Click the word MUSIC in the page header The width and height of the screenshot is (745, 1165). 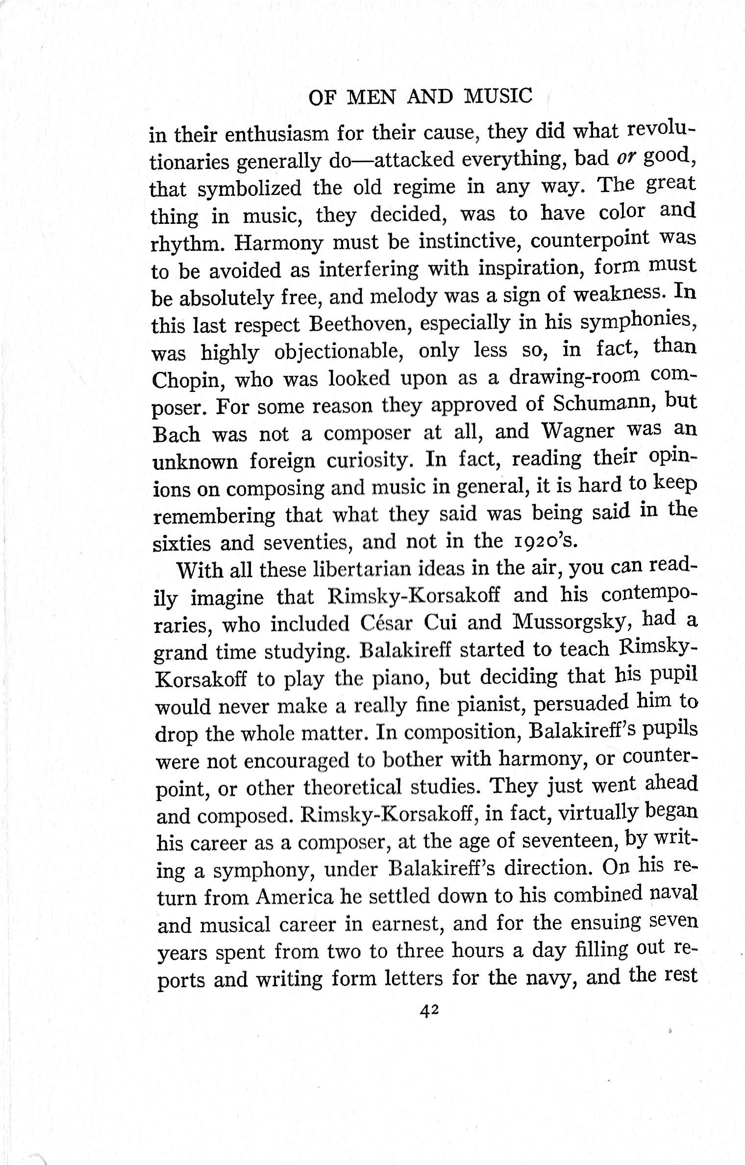tap(497, 97)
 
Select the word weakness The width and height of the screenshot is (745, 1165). tap(619, 295)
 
